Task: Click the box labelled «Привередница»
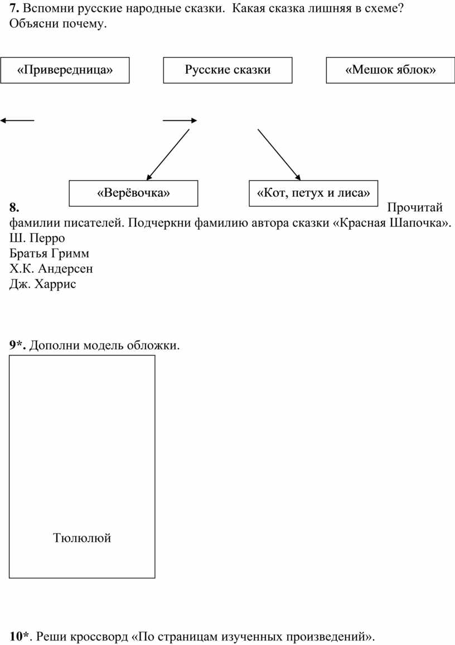[65, 70]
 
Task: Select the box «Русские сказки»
[227, 70]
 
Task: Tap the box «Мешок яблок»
[390, 70]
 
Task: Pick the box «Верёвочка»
[133, 193]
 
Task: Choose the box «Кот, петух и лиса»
[313, 193]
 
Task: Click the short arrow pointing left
[17, 120]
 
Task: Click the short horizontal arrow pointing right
[180, 120]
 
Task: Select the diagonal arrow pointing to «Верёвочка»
[168, 154]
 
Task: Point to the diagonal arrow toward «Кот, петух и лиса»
[279, 154]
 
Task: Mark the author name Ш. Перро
[37, 238]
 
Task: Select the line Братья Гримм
[49, 254]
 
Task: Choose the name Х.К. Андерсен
[51, 269]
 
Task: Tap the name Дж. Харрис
[43, 284]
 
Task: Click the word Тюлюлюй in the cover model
[82, 537]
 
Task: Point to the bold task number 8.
[14, 207]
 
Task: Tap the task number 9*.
[18, 345]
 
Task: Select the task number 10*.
[20, 637]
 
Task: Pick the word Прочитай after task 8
[415, 207]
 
